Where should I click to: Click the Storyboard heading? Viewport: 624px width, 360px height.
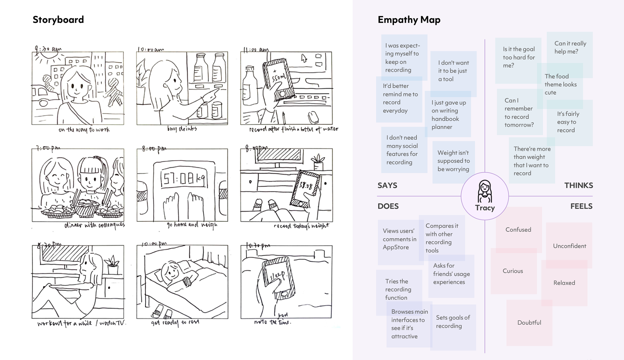[58, 20]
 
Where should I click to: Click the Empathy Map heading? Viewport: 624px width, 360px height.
[409, 20]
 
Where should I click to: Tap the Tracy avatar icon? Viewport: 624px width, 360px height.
[485, 192]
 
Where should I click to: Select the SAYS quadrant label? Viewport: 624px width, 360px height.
[387, 185]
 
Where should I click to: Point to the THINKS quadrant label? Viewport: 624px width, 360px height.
[578, 185]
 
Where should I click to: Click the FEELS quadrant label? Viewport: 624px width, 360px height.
[581, 206]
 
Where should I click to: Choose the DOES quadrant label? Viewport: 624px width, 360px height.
[388, 206]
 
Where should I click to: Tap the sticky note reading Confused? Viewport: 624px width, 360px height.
[518, 230]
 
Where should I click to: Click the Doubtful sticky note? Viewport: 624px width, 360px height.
[529, 323]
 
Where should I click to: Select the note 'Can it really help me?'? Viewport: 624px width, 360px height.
[570, 47]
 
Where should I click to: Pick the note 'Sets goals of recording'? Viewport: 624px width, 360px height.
[453, 322]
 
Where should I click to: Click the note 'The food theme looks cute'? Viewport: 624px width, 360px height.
[560, 85]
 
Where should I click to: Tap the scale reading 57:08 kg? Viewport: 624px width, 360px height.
[183, 179]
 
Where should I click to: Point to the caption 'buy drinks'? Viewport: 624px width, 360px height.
[182, 129]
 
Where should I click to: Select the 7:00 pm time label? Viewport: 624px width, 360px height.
[48, 148]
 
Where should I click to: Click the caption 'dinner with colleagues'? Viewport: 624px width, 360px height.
[94, 225]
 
